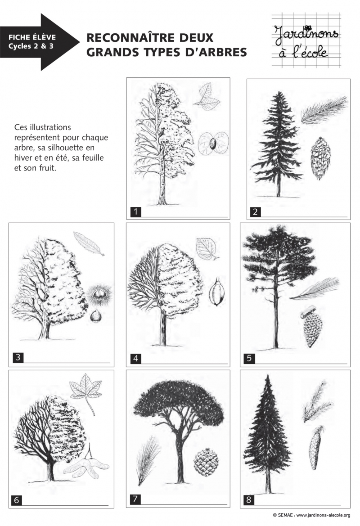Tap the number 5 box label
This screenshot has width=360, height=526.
tap(249, 359)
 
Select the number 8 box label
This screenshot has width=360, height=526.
tap(249, 499)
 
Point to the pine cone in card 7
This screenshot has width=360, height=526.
tap(206, 461)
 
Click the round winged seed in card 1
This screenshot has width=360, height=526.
tap(213, 143)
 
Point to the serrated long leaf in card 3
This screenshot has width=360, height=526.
tap(89, 243)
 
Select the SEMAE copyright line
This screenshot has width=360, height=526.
tap(311, 515)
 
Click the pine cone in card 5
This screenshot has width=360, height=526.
tap(312, 329)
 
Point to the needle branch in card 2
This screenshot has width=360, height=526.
tap(323, 110)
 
